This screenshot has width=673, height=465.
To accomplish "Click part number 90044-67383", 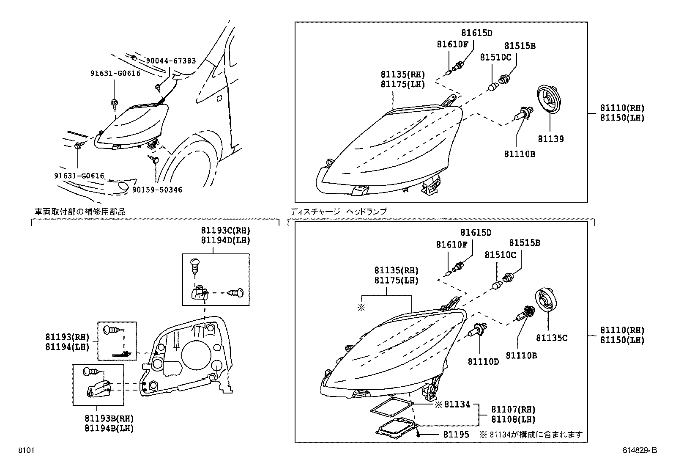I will [171, 61].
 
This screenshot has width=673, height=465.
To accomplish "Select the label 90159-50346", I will [157, 190].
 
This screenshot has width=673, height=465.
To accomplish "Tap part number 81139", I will [550, 139].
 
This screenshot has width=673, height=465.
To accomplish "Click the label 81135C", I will [552, 338].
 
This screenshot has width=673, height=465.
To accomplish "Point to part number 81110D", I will [483, 361].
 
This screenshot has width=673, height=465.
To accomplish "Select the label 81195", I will [456, 435].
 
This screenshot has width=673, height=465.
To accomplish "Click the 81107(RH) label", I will [513, 410].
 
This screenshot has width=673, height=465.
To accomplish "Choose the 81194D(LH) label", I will [225, 240].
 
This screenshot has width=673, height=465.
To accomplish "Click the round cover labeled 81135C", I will [548, 301].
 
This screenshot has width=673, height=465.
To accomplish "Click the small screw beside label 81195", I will [418, 435].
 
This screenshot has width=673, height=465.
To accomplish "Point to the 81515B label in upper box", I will [520, 46].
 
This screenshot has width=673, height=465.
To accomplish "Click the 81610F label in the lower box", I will [451, 245].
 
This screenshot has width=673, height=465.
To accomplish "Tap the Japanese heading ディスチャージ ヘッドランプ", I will [338, 212].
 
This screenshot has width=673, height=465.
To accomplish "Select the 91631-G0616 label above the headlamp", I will [115, 73].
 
